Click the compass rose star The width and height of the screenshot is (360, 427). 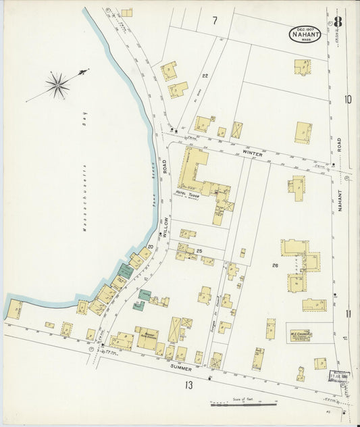(58, 84)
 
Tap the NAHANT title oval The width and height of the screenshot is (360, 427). (306, 33)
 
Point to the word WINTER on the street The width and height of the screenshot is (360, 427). (252, 154)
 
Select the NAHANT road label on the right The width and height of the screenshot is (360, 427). (340, 199)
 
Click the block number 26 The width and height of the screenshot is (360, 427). (275, 266)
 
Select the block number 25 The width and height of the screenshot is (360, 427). (200, 251)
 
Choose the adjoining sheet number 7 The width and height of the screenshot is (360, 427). (215, 21)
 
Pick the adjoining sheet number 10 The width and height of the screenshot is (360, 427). (348, 100)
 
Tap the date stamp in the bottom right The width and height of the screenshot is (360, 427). (339, 376)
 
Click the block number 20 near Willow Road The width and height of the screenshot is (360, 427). (151, 247)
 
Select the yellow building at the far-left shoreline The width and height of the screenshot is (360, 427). (14, 309)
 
